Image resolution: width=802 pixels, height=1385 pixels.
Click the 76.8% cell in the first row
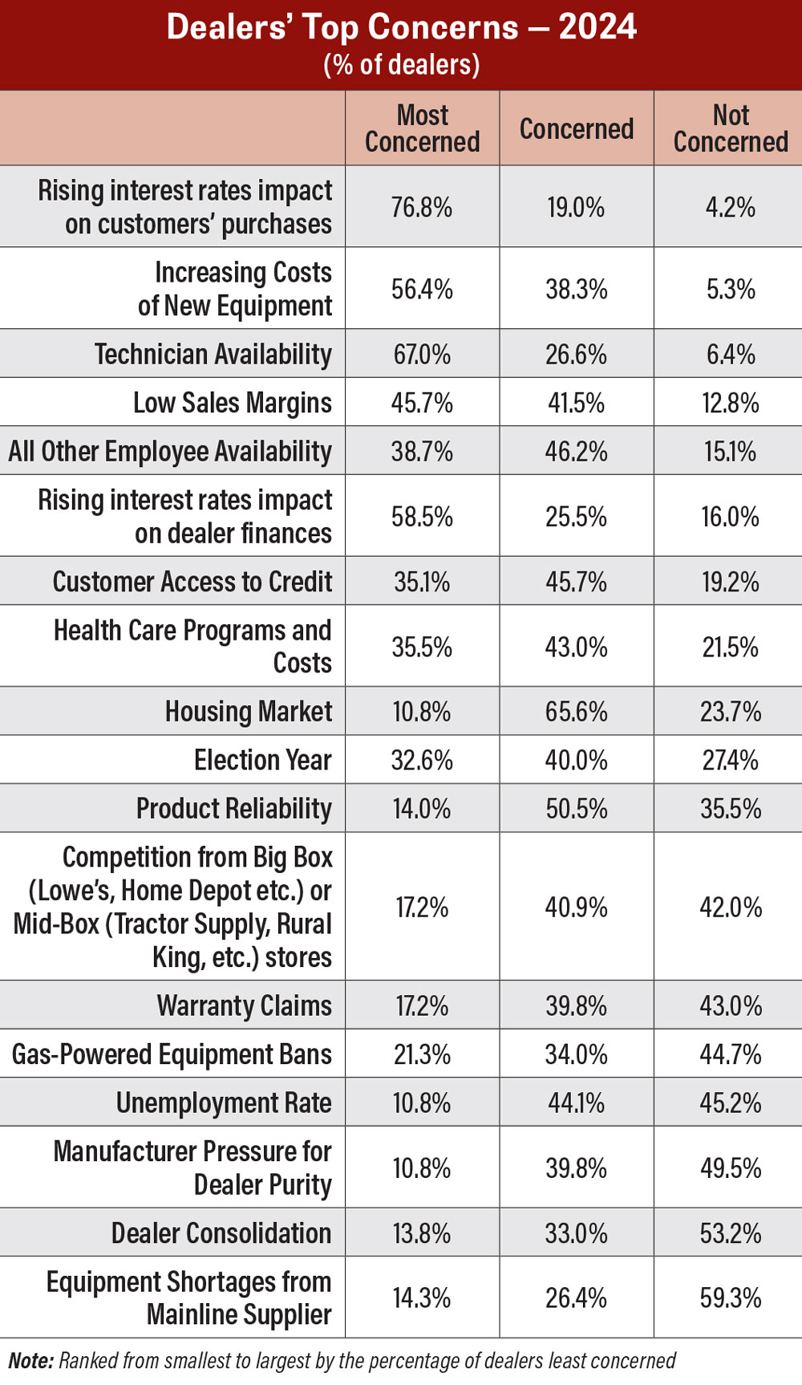(422, 208)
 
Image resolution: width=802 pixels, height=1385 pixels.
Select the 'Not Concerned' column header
(731, 128)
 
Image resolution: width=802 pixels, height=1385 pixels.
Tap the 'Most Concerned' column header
(422, 128)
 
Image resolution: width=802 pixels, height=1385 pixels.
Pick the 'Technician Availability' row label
(213, 354)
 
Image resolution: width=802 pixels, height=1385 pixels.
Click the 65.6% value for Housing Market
(576, 712)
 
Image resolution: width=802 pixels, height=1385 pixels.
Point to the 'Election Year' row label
(263, 760)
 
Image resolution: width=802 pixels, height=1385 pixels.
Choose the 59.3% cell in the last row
(731, 1298)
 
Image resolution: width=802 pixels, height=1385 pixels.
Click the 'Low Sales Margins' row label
(233, 403)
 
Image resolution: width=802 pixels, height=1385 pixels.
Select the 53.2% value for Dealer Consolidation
(731, 1233)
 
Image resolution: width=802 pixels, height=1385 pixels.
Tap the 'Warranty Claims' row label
(245, 1005)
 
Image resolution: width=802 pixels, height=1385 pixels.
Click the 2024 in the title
(597, 27)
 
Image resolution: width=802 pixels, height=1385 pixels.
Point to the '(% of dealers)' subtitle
(401, 64)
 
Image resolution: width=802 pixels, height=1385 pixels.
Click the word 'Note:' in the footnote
(30, 1361)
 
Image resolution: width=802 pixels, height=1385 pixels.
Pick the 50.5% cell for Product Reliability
(576, 809)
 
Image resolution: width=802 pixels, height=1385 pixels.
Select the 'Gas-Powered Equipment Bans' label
(172, 1054)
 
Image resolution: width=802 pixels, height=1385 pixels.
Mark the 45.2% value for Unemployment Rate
(731, 1103)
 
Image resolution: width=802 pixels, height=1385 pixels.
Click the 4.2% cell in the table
(731, 208)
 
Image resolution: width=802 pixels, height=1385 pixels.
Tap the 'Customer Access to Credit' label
(192, 582)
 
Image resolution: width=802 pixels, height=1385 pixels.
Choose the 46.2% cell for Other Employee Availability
(576, 452)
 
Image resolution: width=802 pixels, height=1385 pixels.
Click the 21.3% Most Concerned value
(422, 1054)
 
